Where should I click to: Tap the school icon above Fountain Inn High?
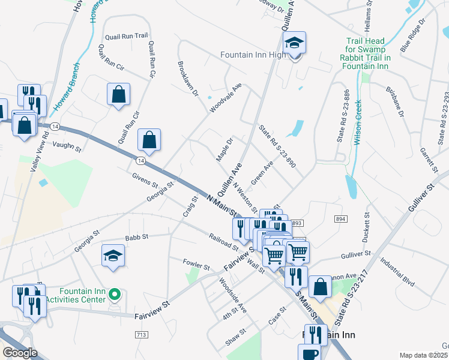click(295, 43)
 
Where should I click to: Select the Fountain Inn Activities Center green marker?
click(117, 294)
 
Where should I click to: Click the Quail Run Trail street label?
click(126, 37)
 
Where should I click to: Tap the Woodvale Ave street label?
click(225, 98)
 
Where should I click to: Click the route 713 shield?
click(142, 334)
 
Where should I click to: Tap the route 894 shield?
click(342, 220)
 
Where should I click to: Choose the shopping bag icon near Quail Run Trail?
click(118, 94)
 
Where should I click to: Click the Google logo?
click(19, 353)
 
